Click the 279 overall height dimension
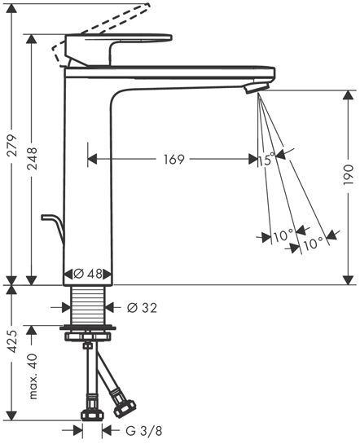click(12, 145)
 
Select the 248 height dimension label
click(32, 159)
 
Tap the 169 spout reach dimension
click(174, 160)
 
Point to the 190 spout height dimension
click(348, 175)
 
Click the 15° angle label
click(266, 160)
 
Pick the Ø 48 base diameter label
click(87, 274)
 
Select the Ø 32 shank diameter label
click(142, 307)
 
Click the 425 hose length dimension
click(12, 341)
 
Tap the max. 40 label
click(33, 376)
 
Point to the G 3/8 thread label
click(144, 431)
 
